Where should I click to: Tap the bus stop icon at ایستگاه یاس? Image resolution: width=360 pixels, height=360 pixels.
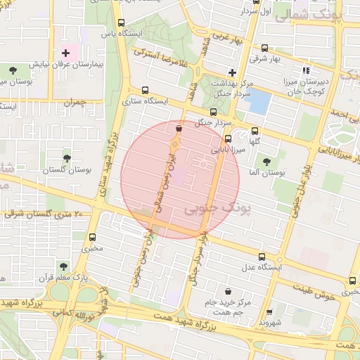coord(121,23)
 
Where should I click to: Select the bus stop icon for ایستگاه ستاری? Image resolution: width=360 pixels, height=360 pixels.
coord(145,90)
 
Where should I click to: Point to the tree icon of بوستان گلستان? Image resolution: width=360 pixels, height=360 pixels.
coord(67,158)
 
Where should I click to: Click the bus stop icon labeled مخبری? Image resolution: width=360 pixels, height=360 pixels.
coord(93,237)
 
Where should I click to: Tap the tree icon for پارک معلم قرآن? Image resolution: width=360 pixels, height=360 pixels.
coord(63,266)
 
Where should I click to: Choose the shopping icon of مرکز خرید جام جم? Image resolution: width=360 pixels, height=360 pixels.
coord(229,291)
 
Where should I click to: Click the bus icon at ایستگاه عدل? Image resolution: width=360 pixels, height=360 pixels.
coord(262,257)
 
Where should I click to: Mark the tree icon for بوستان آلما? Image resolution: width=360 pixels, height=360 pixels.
coord(264,162)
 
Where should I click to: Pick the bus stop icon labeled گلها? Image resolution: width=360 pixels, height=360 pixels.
coord(255,130)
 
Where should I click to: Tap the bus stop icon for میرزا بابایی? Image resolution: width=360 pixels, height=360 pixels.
coord(228,139)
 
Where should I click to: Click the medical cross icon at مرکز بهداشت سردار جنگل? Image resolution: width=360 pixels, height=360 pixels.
coord(232,72)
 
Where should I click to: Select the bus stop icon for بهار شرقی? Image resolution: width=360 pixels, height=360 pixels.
coord(264,49)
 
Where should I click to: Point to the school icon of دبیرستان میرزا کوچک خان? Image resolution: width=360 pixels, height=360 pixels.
coord(305,70)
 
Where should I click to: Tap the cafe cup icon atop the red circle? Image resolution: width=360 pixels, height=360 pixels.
coord(179,129)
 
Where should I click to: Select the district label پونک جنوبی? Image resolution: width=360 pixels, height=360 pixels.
coord(210,210)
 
